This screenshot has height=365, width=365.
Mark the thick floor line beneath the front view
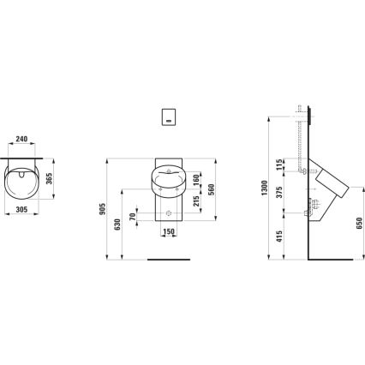click(168, 258)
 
